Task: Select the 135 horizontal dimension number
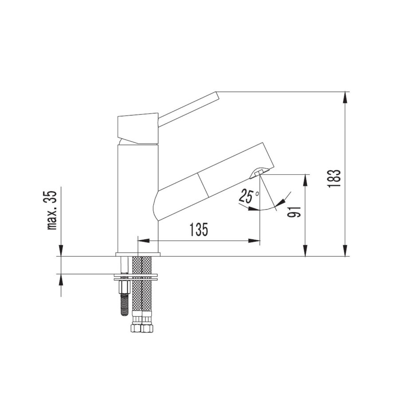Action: (x=199, y=230)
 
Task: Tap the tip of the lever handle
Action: (x=217, y=95)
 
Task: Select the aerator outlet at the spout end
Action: (x=259, y=172)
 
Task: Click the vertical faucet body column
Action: (x=137, y=199)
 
